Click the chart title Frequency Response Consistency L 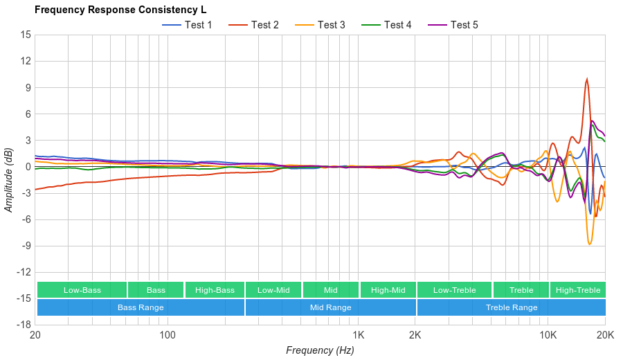(120, 10)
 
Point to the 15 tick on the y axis (25, 34)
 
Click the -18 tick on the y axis (23, 325)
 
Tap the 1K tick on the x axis (358, 335)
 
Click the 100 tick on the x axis (168, 335)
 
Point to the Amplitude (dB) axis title (9, 179)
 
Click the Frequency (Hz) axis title (320, 350)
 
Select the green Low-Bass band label (82, 290)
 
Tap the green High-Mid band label (388, 290)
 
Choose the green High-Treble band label (578, 290)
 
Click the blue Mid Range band (330, 307)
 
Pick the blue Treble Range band (511, 307)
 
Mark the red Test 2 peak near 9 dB (587, 79)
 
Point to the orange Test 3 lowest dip (590, 244)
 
